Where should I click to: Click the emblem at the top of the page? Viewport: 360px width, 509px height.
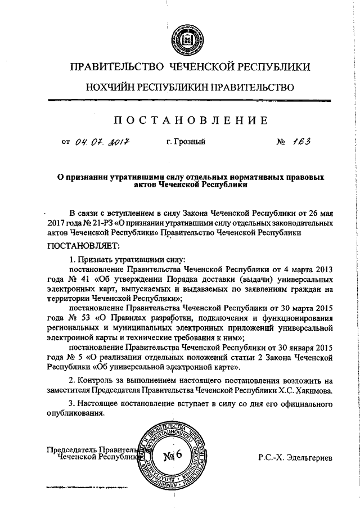tap(186, 41)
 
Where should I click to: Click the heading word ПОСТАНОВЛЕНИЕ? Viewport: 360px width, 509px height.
tap(187, 120)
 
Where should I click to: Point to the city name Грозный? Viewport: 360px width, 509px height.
tap(185, 142)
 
